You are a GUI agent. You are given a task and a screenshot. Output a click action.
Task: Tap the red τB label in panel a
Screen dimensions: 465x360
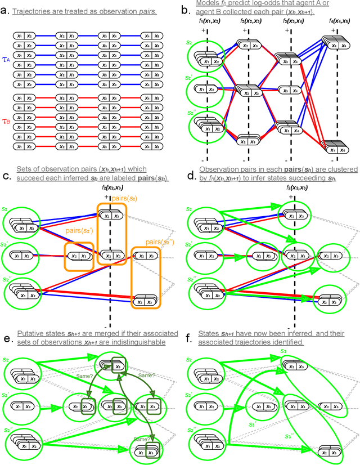click(x=6, y=120)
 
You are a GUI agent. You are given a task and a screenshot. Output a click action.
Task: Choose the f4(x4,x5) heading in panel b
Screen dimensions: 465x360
click(x=339, y=21)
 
